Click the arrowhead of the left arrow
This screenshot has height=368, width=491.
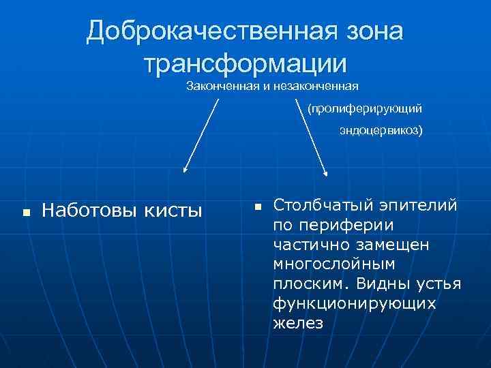tap(184, 172)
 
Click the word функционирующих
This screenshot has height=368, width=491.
tap(354, 303)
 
